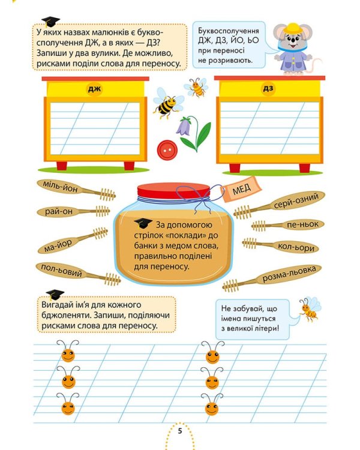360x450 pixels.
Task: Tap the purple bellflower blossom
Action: pos(184,126)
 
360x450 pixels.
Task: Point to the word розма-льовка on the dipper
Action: pos(288,274)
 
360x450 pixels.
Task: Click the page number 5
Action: pos(179,431)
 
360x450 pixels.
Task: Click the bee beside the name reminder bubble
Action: pos(310,308)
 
